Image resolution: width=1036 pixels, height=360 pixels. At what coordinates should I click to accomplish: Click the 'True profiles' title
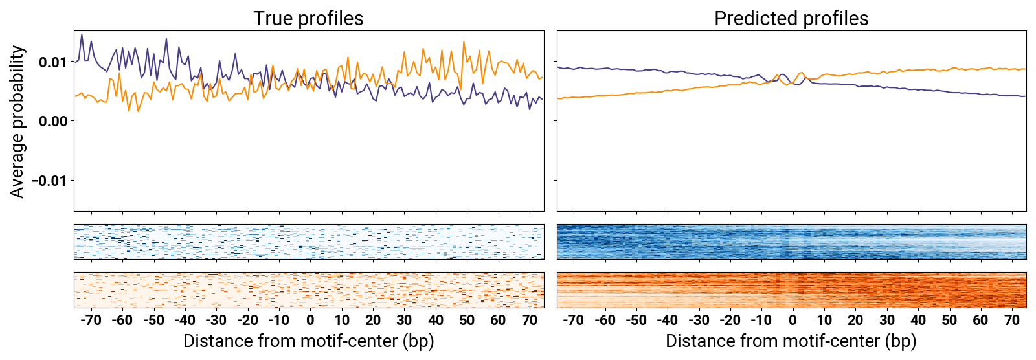click(x=308, y=18)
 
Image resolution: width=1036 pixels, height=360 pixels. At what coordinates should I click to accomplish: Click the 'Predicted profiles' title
click(x=791, y=18)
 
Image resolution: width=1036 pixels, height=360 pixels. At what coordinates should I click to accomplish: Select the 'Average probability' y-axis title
click(x=17, y=121)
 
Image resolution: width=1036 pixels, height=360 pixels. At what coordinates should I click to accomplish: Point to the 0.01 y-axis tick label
click(x=52, y=62)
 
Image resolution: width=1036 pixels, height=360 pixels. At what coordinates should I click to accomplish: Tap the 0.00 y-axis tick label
click(x=52, y=121)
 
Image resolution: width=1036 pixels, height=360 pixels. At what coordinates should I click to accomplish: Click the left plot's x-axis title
click(x=308, y=341)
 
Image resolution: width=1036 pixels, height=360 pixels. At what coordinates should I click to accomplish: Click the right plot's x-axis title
click(x=791, y=341)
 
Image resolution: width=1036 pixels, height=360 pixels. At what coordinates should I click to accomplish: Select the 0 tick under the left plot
click(x=311, y=320)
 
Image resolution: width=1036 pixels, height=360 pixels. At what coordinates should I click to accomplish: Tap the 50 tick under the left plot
click(x=467, y=320)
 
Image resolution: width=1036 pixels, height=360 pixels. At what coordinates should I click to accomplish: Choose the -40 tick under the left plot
click(x=185, y=320)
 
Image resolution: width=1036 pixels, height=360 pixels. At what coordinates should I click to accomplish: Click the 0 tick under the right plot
click(x=793, y=320)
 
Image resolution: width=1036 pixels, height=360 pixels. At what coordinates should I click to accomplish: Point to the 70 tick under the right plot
click(x=1012, y=320)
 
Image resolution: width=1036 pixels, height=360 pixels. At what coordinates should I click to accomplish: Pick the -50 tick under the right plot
click(x=636, y=320)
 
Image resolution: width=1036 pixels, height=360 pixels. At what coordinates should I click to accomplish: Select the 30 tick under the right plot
click(x=887, y=320)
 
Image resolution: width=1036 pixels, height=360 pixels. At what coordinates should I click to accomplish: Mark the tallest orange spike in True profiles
click(x=464, y=42)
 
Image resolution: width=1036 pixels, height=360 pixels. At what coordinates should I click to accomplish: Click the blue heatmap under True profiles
click(x=308, y=242)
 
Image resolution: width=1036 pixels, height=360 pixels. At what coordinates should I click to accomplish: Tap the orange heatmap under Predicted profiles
click(x=791, y=289)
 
